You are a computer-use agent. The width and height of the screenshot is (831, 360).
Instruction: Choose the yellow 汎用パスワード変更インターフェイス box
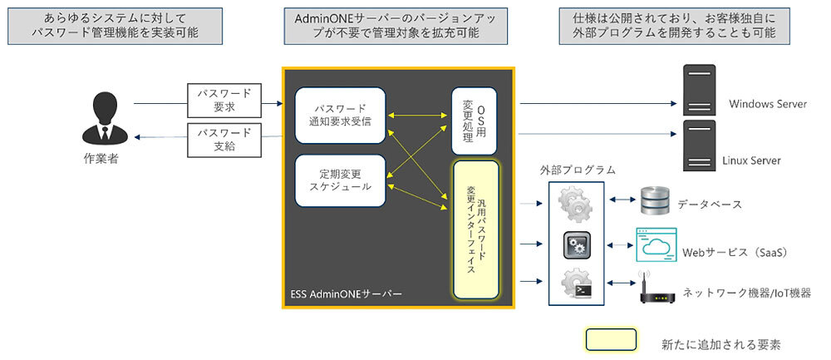click(475, 229)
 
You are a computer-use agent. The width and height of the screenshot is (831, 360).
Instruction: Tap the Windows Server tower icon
click(696, 92)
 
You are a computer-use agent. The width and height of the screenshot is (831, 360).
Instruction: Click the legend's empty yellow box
click(611, 339)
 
